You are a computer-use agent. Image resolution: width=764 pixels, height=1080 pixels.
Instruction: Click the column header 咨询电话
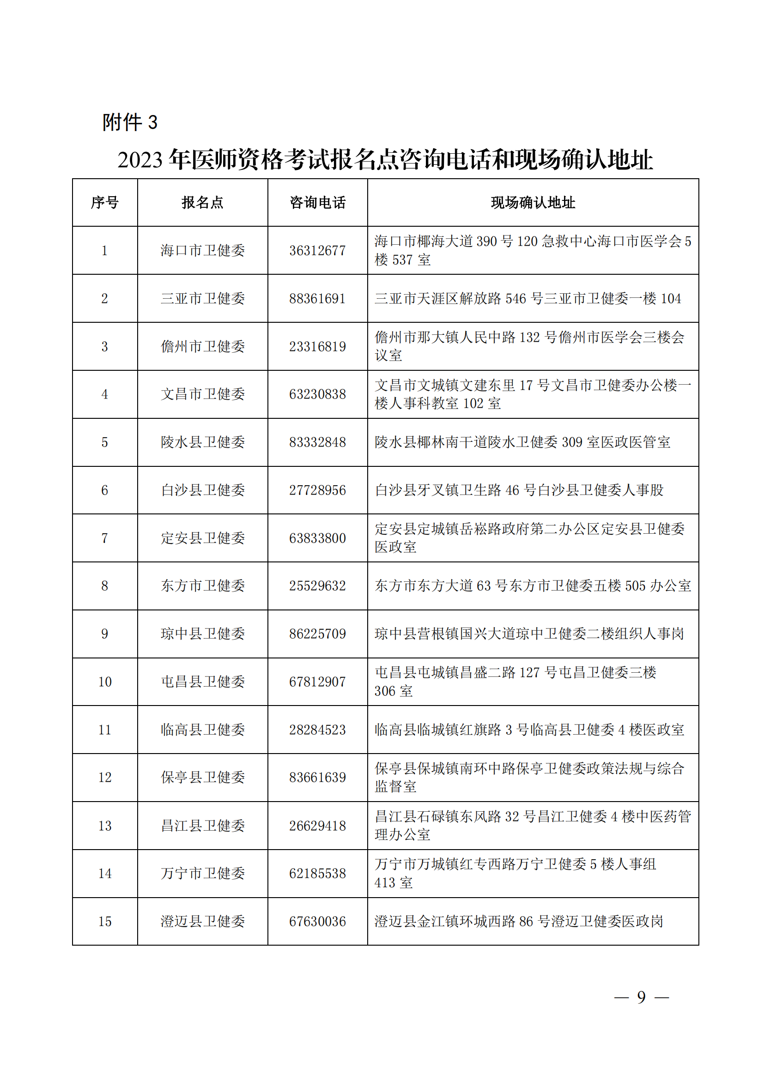(317, 203)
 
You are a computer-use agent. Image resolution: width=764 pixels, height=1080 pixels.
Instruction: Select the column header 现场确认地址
(533, 203)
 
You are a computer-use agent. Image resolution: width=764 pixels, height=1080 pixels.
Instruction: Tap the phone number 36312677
(317, 251)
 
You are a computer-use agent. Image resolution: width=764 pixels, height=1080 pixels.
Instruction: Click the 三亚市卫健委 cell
(203, 299)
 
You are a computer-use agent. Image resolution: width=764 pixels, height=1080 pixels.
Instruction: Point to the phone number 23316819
(317, 347)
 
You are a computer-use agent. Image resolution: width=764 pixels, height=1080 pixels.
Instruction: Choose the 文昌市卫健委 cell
(203, 394)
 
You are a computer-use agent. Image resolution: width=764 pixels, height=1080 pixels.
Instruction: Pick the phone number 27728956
(317, 490)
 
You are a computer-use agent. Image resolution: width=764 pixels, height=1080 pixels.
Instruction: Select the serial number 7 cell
(104, 538)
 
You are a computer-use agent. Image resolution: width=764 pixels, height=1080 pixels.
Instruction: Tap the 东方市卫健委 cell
(203, 585)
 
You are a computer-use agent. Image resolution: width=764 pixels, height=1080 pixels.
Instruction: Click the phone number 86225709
(317, 634)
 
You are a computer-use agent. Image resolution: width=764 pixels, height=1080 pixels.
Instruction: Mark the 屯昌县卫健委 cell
(203, 682)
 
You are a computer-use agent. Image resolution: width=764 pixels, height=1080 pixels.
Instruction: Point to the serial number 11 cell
(104, 730)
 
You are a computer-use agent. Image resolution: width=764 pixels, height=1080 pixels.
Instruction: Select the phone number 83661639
(317, 778)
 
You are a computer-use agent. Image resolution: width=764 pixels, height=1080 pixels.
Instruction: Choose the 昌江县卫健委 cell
(203, 826)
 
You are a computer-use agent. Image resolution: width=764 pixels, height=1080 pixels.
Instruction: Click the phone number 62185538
(317, 874)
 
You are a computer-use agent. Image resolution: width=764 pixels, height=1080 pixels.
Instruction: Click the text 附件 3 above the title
(130, 122)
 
